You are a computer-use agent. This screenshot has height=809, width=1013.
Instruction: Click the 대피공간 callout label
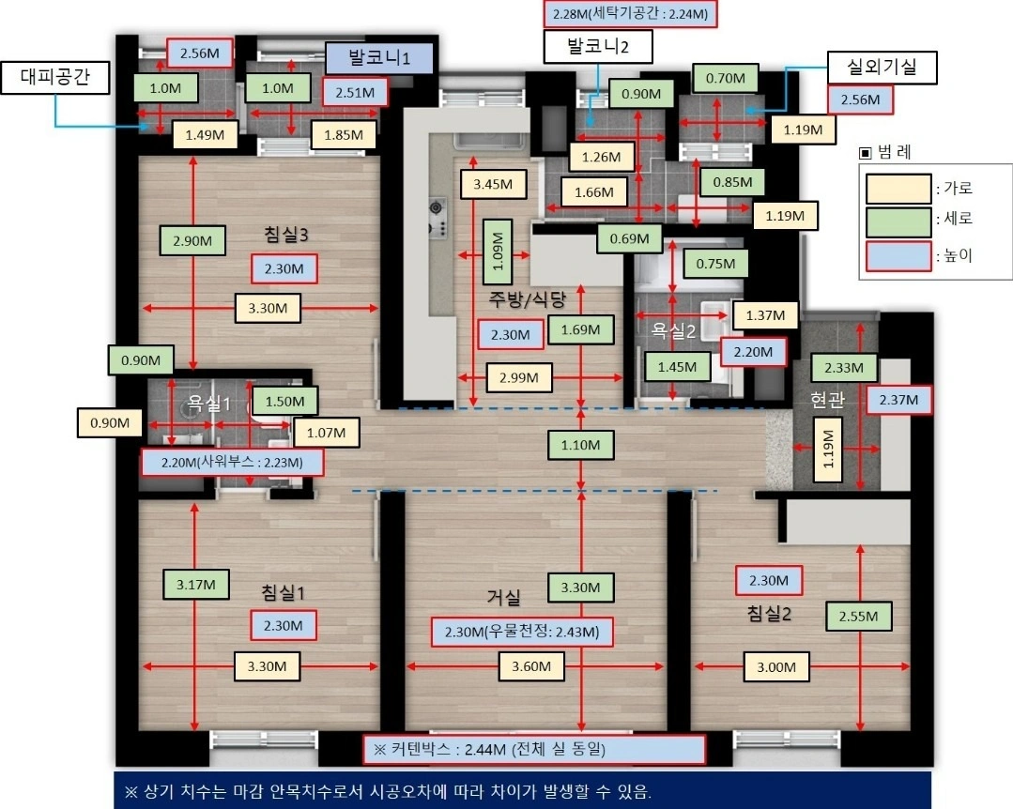54,78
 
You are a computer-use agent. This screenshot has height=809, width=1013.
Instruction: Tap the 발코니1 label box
379,58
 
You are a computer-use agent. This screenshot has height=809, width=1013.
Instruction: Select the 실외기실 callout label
882,68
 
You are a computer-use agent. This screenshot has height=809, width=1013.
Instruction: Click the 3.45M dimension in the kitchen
493,184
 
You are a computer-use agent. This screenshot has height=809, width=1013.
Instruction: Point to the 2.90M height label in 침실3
192,241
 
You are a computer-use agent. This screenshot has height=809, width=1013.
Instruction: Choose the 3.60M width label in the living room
531,666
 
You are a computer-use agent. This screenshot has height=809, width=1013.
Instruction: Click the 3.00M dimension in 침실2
775,667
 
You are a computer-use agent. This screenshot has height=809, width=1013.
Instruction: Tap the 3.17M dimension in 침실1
196,585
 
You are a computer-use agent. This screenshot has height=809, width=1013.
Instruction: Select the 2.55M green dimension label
859,616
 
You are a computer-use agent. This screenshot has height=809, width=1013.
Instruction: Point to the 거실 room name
503,597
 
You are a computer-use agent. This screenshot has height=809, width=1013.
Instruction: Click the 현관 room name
827,400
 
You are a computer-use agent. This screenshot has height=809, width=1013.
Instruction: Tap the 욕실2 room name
672,330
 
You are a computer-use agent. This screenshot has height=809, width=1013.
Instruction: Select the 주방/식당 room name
528,299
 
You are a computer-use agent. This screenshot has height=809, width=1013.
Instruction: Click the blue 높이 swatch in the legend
898,256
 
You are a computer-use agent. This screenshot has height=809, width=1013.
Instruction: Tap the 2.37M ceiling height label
898,400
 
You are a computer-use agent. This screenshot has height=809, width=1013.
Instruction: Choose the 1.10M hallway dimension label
580,445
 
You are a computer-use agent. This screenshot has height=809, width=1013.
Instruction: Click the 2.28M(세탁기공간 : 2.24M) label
630,13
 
